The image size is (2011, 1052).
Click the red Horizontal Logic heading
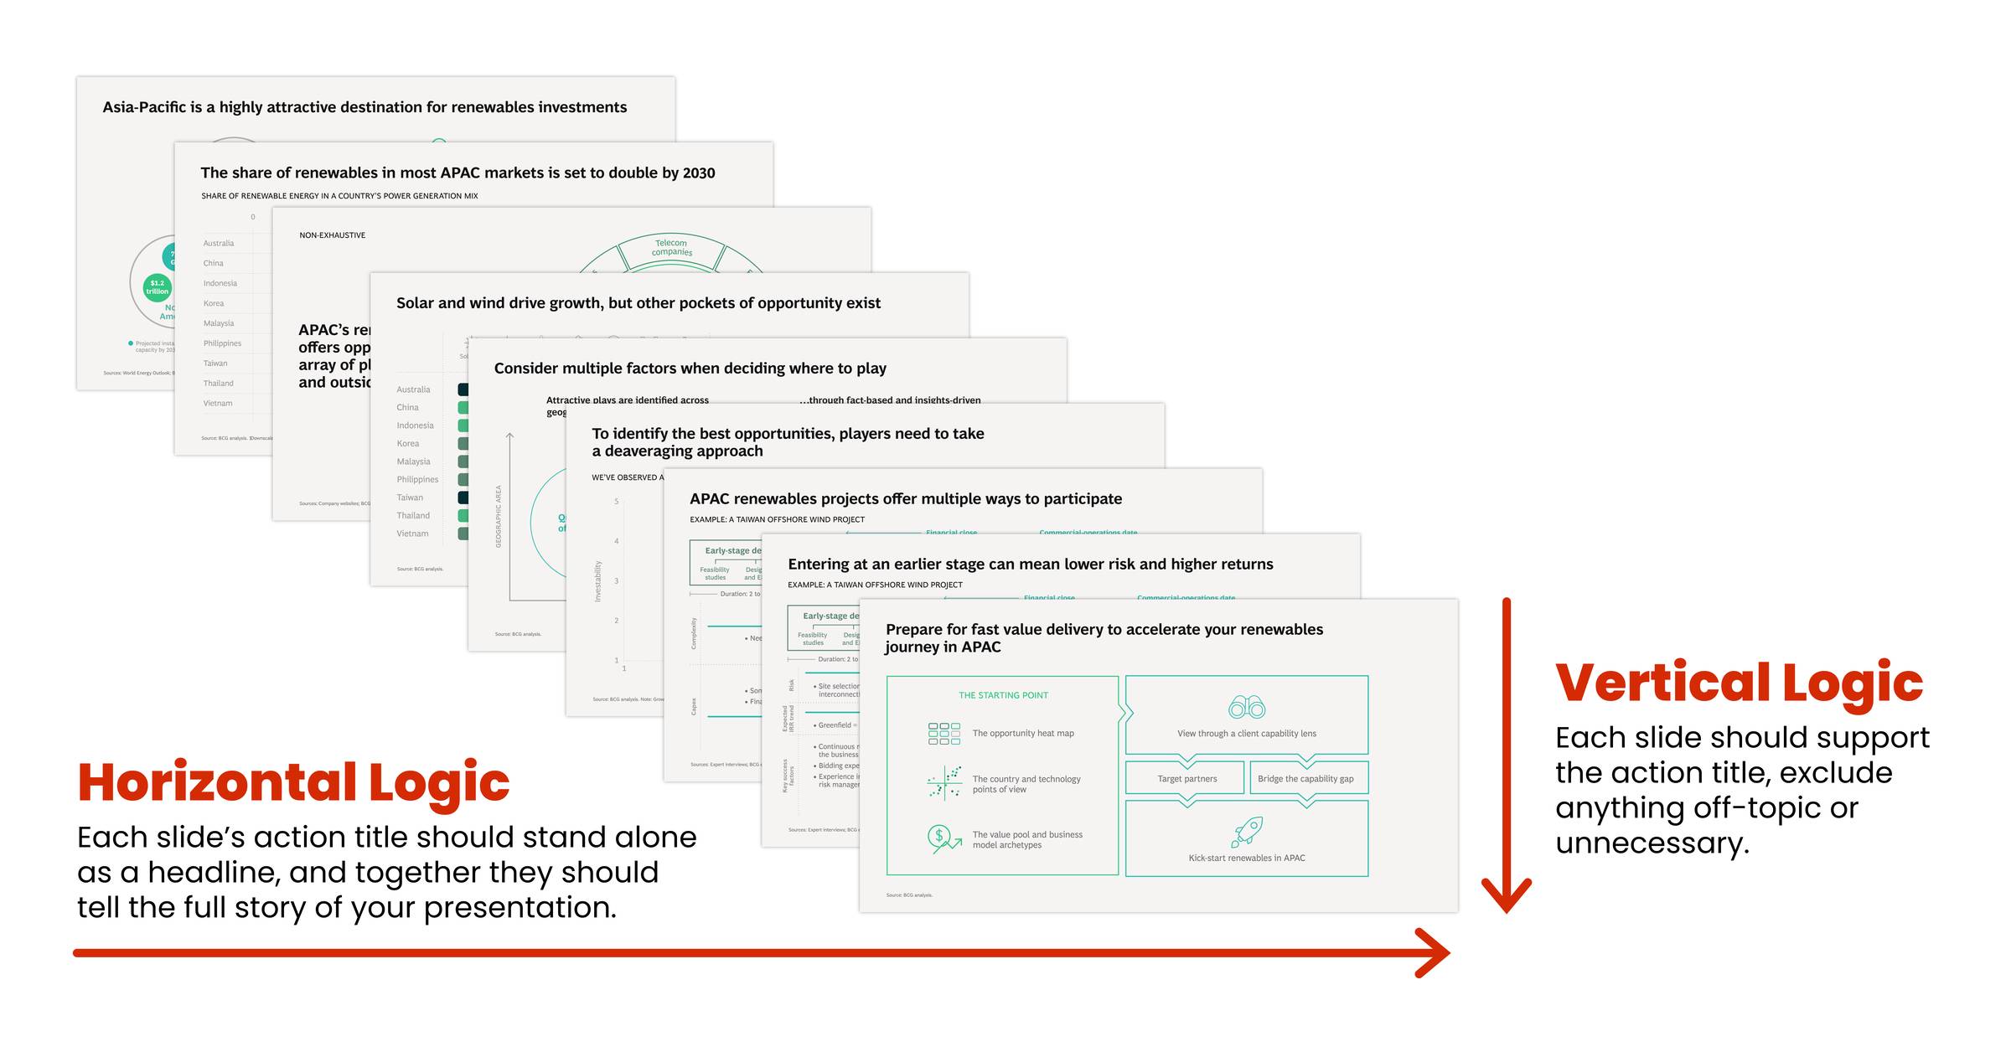[293, 783]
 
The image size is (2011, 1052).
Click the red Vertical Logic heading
[1738, 683]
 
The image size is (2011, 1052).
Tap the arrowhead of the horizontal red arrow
[1438, 952]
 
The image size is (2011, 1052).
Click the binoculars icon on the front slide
[1246, 708]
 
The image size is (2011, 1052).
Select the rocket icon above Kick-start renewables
[1247, 832]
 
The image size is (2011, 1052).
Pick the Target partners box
[1186, 778]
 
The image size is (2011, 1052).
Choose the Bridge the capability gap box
[1305, 778]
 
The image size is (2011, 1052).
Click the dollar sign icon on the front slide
[940, 836]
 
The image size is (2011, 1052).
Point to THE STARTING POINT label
[1003, 695]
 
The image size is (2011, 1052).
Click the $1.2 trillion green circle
[158, 287]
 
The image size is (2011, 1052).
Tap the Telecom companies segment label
[671, 247]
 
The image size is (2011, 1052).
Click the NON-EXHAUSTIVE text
[332, 235]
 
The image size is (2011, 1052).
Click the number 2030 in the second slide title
[698, 173]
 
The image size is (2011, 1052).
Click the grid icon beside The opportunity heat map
[944, 734]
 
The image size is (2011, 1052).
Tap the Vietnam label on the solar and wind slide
[412, 534]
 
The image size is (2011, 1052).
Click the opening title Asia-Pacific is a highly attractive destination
[364, 107]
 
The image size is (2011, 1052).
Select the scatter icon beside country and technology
[944, 782]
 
